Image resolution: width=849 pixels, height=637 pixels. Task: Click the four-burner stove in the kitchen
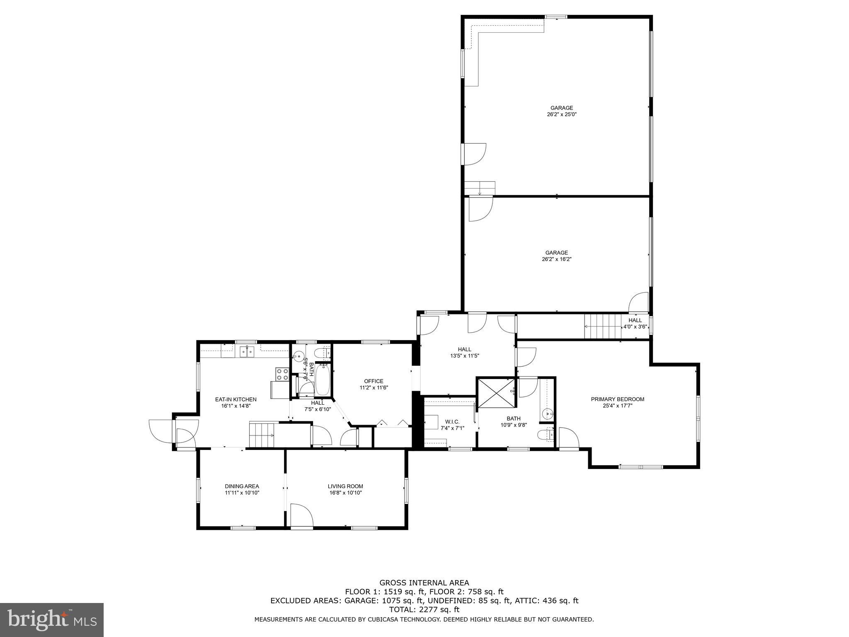283,374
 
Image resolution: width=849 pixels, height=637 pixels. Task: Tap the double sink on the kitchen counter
246,352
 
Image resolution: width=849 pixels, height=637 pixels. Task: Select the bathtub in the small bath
322,379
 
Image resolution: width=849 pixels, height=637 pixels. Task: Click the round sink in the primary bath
548,413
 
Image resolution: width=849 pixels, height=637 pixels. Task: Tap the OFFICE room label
374,381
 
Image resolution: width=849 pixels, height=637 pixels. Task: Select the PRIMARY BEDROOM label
617,399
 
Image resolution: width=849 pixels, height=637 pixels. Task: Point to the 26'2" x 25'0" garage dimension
561,114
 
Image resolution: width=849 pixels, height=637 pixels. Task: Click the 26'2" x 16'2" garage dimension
556,259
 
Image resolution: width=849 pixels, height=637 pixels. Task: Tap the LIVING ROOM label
345,486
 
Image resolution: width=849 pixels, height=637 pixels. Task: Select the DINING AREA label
242,486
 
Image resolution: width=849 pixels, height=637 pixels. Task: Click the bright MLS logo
52,620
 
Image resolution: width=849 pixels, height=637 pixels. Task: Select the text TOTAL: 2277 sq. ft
424,610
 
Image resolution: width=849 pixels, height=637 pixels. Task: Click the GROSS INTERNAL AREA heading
424,583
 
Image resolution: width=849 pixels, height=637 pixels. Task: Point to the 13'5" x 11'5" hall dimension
464,356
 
